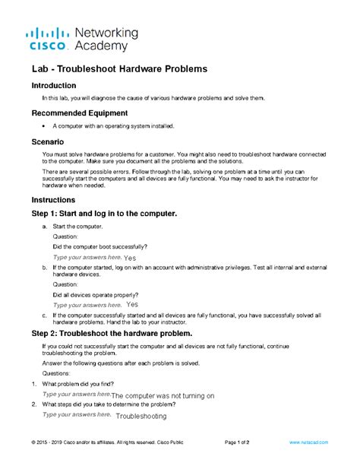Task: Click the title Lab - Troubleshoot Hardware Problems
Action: click(x=119, y=70)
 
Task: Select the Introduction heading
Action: click(x=54, y=86)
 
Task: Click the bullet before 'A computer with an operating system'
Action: click(x=45, y=126)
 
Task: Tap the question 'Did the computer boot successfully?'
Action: click(x=100, y=246)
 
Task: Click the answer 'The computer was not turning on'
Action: click(x=163, y=396)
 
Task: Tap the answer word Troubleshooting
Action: click(x=142, y=417)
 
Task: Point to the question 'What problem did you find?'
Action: click(x=88, y=385)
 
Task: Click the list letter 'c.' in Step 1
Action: click(x=45, y=315)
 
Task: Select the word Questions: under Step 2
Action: click(x=57, y=374)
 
